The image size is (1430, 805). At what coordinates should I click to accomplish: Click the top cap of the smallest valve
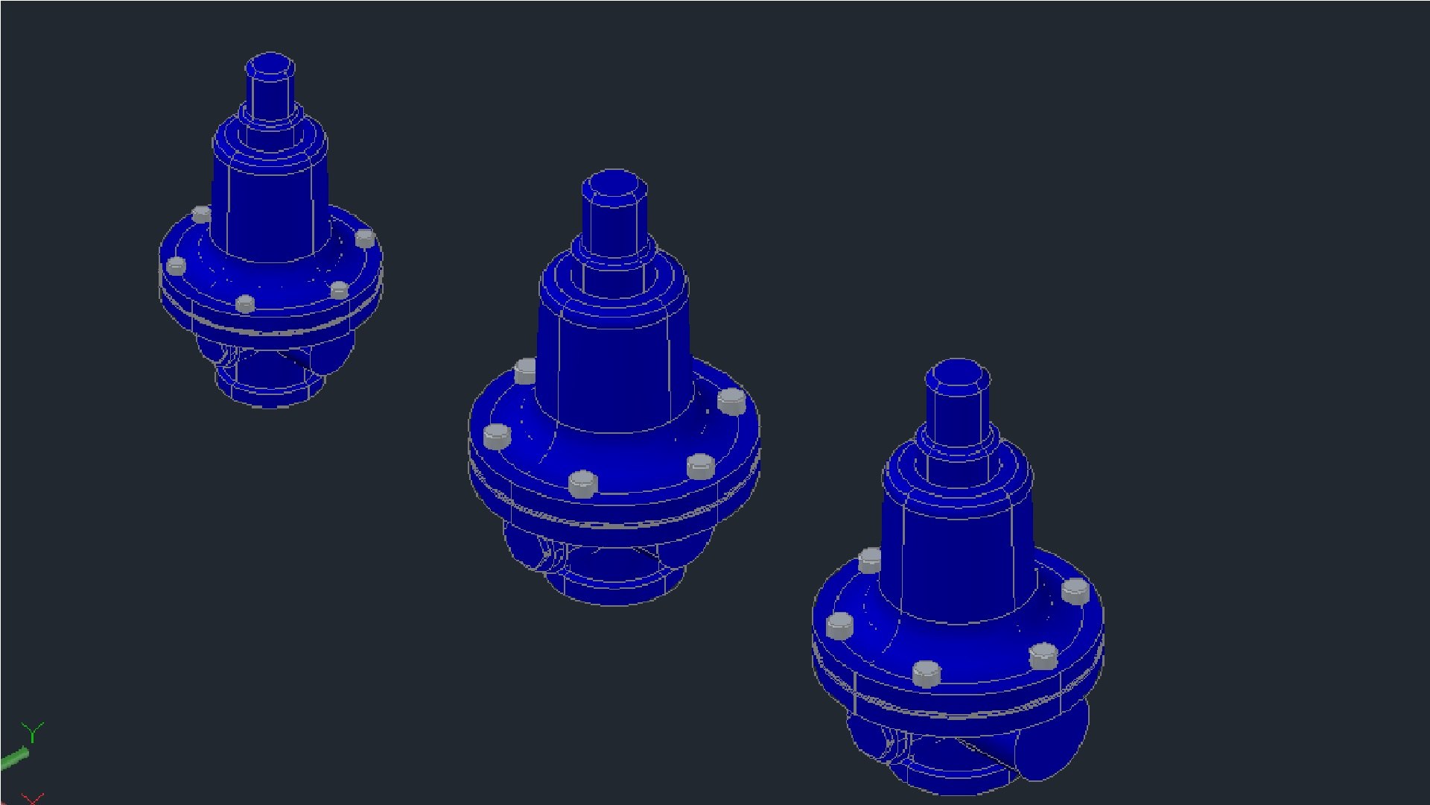(x=270, y=66)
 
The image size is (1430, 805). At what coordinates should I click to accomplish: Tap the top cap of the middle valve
(x=614, y=183)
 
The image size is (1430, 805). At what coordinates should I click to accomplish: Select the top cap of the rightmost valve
(x=958, y=373)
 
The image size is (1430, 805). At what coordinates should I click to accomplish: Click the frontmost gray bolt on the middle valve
(x=583, y=484)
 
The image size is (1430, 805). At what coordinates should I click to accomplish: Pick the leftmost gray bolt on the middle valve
(x=497, y=436)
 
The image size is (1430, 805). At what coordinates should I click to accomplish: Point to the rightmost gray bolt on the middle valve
(x=731, y=401)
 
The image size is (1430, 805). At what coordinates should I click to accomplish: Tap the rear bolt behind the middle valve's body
(x=525, y=370)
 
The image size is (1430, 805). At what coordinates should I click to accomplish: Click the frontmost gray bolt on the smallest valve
(x=245, y=303)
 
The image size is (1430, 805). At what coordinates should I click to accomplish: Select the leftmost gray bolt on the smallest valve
(x=177, y=265)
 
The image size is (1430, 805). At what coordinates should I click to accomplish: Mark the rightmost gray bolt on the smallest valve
(x=365, y=239)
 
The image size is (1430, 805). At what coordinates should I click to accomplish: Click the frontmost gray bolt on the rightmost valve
(x=927, y=673)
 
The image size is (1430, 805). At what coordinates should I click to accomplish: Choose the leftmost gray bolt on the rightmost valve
(x=840, y=625)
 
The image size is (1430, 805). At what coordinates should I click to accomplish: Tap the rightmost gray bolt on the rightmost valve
(x=1075, y=591)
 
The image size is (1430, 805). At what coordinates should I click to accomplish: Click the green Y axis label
(x=32, y=731)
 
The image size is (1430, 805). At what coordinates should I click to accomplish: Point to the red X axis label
(x=33, y=798)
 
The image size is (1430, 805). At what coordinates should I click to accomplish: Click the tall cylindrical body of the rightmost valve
(x=957, y=559)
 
